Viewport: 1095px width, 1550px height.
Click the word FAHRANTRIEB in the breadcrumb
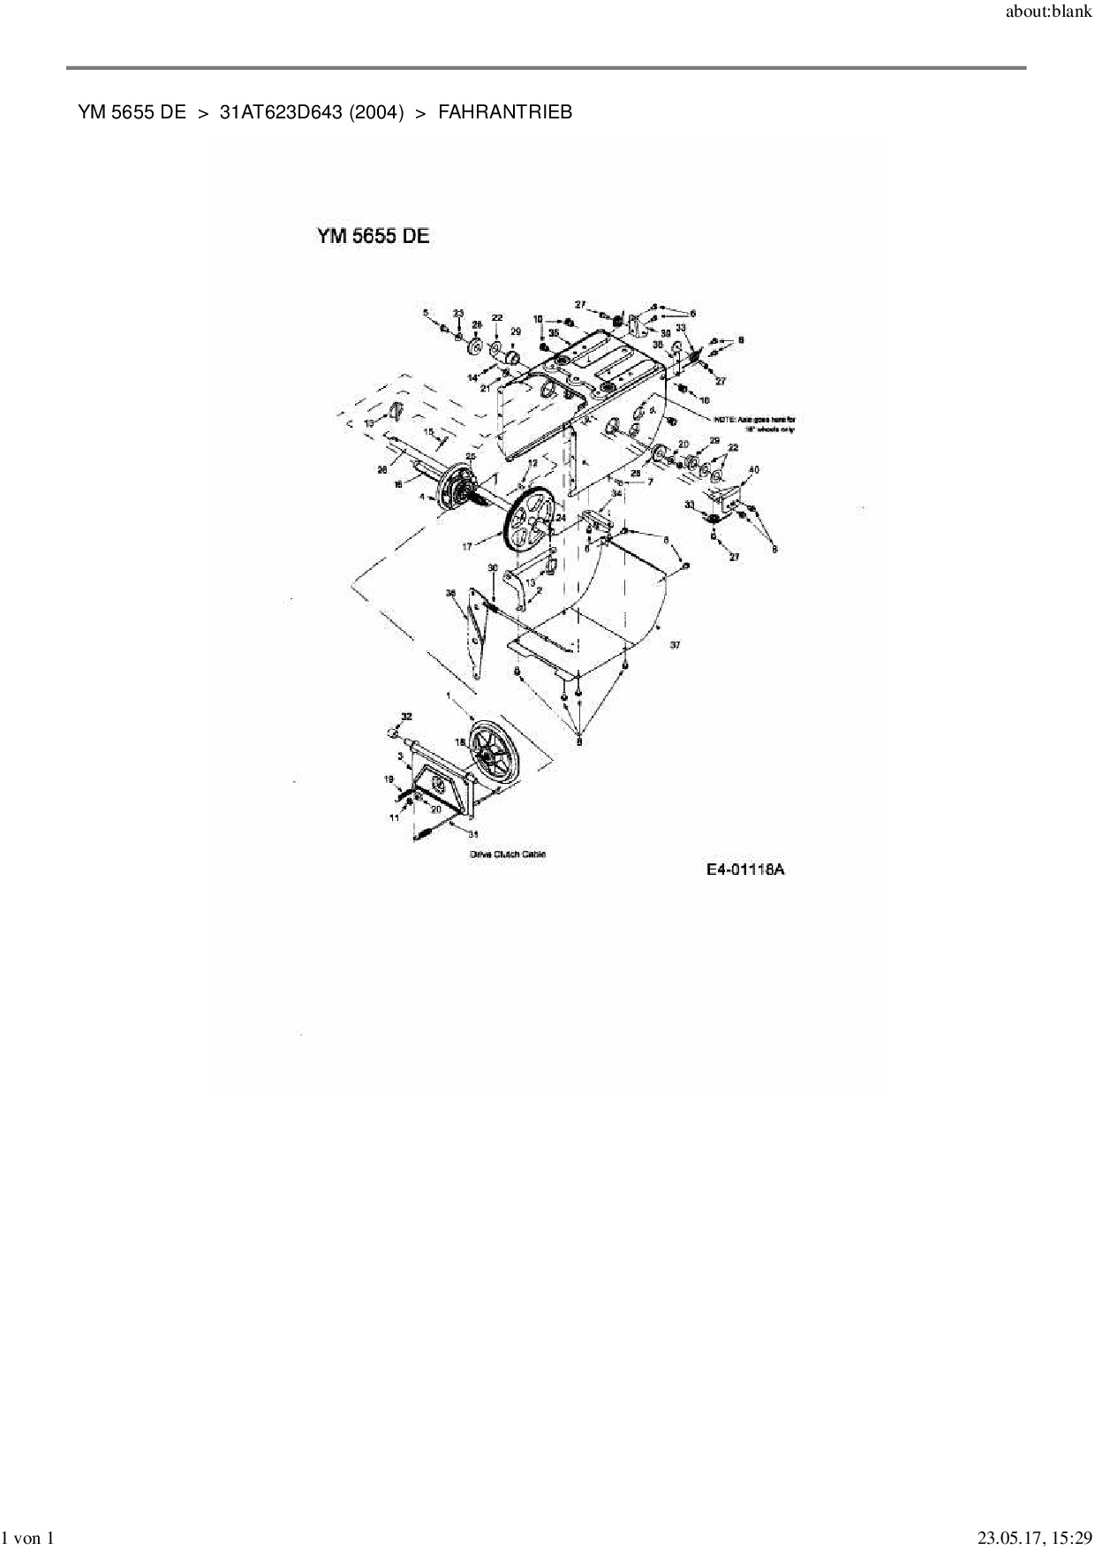click(505, 112)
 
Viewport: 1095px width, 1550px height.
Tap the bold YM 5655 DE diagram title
click(374, 237)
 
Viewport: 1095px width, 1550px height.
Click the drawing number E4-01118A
click(745, 870)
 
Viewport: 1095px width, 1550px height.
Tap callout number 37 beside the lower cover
click(675, 645)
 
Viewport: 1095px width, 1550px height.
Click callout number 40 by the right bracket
click(753, 469)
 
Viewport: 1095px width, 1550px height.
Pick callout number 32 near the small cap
click(406, 716)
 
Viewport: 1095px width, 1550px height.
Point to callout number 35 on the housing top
click(554, 333)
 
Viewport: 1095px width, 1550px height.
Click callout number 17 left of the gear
click(467, 547)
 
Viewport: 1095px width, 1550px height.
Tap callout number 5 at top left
click(425, 313)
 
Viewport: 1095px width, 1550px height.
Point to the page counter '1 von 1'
click(28, 1539)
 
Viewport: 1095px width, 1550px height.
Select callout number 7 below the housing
click(650, 482)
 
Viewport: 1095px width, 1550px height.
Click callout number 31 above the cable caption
click(473, 833)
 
